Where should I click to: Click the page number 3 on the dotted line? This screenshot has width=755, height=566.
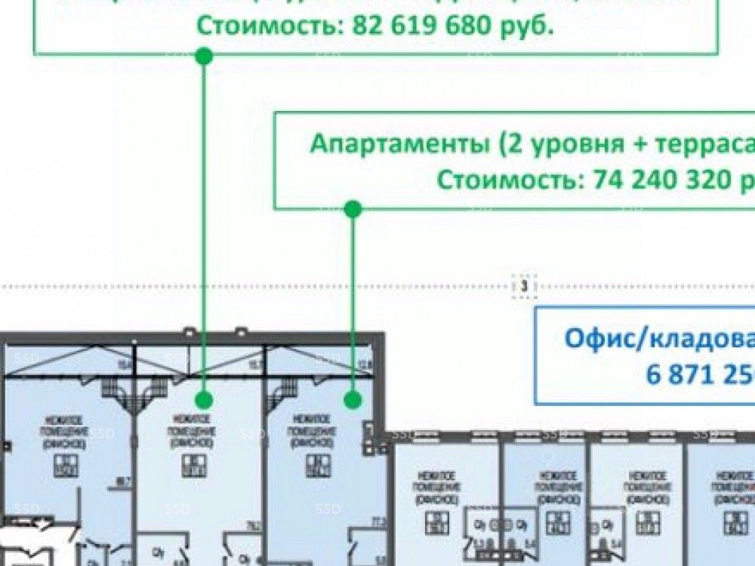click(523, 286)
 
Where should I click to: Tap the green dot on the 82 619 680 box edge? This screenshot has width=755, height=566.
click(203, 55)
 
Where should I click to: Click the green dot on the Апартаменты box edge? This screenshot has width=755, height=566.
click(353, 209)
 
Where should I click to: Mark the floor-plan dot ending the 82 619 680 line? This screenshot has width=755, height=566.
click(204, 399)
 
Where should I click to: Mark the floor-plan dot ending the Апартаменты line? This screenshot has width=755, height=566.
click(353, 399)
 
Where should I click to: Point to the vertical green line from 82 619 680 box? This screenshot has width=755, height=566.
click(204, 226)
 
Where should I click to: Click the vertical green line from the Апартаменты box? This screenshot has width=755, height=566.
click(353, 302)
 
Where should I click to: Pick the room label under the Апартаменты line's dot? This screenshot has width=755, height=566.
click(310, 431)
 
